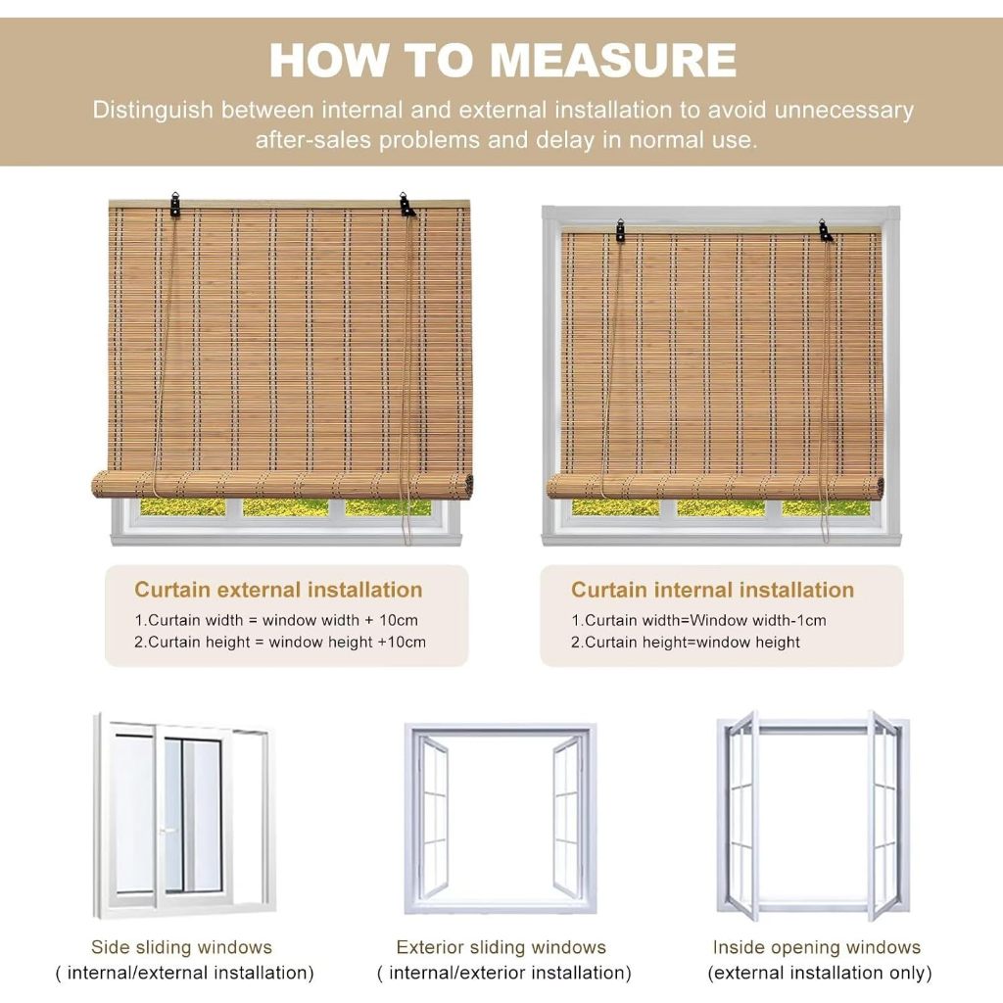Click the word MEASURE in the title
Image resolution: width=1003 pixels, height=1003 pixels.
pos(613,60)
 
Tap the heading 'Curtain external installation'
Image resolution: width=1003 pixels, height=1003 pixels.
pos(278,589)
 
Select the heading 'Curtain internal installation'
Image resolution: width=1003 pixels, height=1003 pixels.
pos(713,589)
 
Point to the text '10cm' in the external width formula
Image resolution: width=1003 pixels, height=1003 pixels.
pos(399,620)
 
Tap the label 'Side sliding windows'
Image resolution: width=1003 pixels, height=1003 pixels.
pos(181,947)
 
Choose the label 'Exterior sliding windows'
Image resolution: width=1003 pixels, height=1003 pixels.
pos(501,947)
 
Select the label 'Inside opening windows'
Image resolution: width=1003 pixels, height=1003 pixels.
pos(817,947)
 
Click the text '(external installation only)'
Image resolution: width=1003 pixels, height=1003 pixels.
pos(820,973)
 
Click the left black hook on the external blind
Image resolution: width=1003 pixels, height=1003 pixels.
pos(174,204)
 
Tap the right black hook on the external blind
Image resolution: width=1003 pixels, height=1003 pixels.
pos(406,204)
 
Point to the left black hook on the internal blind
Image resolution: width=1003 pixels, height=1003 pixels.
pos(620,230)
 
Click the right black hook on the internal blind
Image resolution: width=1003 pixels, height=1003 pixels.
pos(825,231)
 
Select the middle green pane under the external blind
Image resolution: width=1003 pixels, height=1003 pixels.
pos(285,507)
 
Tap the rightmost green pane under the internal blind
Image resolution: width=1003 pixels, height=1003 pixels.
pos(826,508)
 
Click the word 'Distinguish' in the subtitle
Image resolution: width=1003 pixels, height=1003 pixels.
pos(153,110)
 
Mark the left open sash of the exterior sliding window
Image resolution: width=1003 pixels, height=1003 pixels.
pos(432,816)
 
